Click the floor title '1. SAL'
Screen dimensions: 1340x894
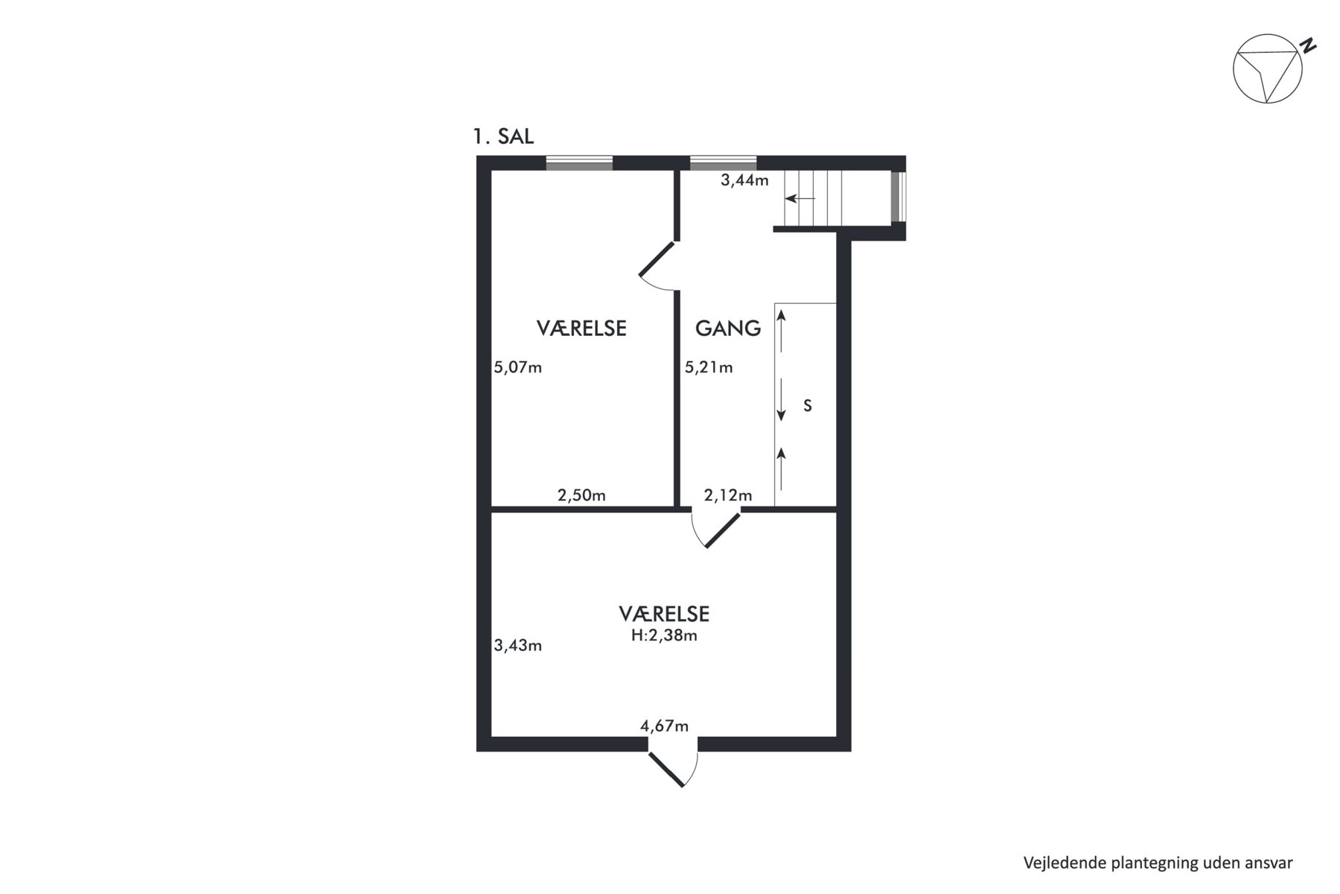pos(503,137)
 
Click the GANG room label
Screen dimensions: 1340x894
pos(728,328)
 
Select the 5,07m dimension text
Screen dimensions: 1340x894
pos(518,367)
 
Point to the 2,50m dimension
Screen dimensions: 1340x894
pos(581,495)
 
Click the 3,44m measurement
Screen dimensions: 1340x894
pos(744,180)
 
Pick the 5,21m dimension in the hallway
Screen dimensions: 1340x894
pos(709,367)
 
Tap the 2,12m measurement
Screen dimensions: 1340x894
pos(728,495)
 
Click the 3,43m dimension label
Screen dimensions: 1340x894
pos(518,645)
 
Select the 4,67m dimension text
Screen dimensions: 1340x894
pos(665,726)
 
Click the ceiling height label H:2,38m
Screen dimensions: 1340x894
pos(664,635)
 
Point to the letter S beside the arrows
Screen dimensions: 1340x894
pos(808,406)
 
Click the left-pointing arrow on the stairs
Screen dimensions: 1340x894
pos(800,199)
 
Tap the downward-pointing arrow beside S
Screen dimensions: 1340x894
pos(782,400)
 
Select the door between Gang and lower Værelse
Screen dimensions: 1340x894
pos(715,529)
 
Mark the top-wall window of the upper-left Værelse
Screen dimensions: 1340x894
pos(579,163)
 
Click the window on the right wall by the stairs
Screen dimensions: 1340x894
pos(899,197)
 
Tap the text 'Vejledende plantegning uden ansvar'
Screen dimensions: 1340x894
pos(1158,863)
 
